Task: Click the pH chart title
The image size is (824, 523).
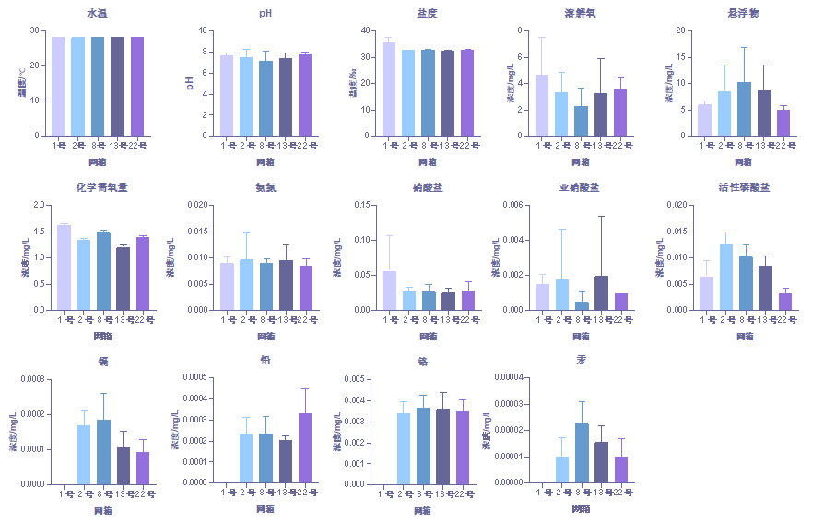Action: click(265, 13)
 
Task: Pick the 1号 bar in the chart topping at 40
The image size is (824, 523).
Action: click(388, 89)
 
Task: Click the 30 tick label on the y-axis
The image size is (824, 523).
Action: click(34, 30)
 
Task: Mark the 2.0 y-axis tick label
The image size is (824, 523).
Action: click(38, 205)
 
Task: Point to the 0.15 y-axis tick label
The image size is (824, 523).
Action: click(362, 205)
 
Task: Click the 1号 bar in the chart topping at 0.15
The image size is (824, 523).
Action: click(389, 291)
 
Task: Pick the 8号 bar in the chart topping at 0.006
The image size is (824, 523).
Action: click(582, 305)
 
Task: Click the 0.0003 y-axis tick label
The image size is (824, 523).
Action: click(30, 379)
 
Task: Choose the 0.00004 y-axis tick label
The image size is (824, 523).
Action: click(510, 377)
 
